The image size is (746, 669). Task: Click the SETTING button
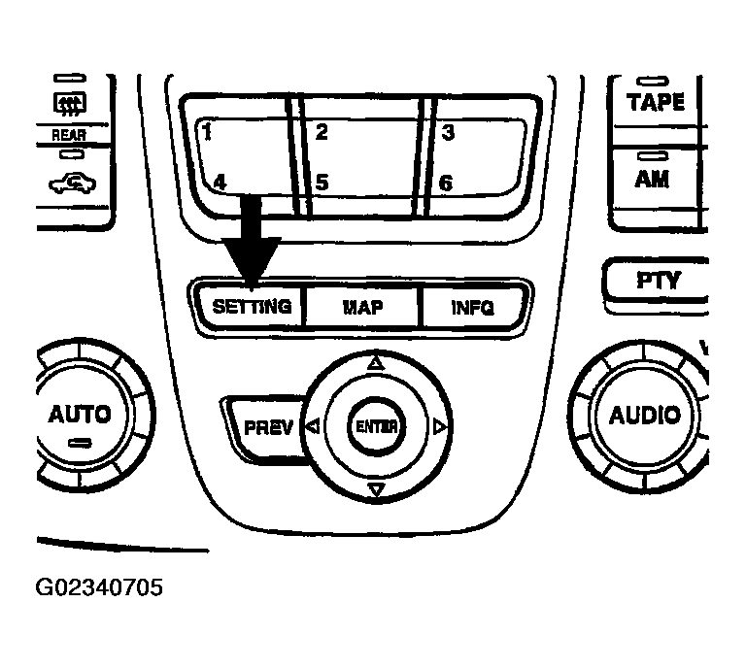pos(252,307)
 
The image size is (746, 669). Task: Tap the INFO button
pos(473,308)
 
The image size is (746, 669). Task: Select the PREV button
pos(267,426)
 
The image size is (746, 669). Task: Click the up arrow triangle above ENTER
pos(376,363)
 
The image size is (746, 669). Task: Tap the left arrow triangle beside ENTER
pos(312,426)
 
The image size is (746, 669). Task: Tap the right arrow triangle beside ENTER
pos(440,426)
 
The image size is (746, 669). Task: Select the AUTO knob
pos(80,415)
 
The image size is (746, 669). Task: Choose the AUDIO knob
pos(644,416)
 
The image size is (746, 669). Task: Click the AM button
pos(652,178)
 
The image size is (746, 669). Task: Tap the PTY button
pos(658,280)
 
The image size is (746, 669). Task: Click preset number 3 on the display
pos(448,133)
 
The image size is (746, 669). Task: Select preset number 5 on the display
pos(322,182)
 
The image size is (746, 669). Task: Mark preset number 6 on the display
pos(446,182)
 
